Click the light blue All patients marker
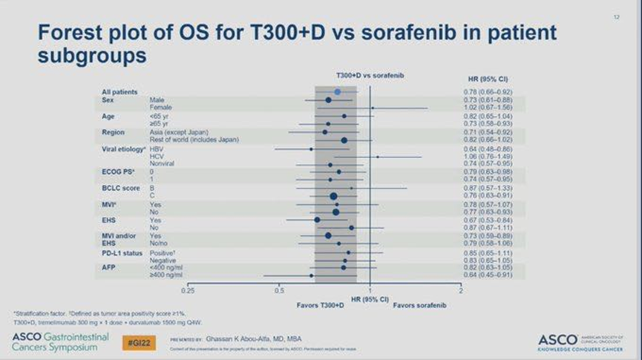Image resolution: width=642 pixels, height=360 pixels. point(337,91)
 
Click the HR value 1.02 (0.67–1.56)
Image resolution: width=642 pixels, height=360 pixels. point(482,108)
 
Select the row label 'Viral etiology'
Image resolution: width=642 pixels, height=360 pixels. point(122,148)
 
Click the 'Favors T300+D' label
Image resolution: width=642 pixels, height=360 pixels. point(322,305)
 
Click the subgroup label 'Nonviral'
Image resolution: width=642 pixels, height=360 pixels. point(162,164)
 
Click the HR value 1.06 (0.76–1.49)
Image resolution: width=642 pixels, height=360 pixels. point(482,157)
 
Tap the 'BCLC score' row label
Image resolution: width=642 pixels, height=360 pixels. point(121,188)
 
